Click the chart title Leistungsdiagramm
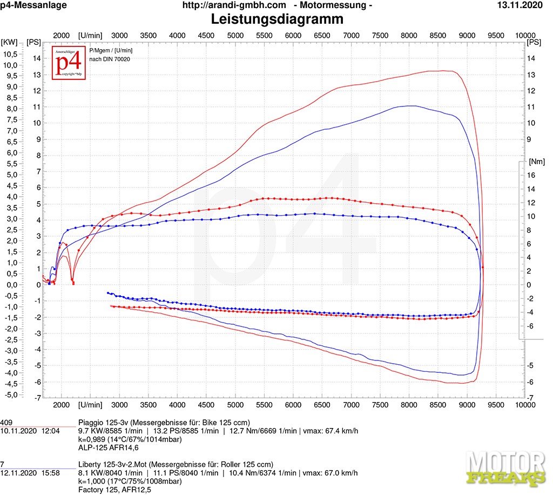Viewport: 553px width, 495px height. pyautogui.click(x=276, y=20)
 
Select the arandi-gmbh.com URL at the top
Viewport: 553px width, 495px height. pyautogui.click(x=234, y=5)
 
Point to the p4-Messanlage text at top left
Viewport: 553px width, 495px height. pyautogui.click(x=33, y=5)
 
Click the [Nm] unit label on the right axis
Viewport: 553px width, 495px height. pyautogui.click(x=537, y=162)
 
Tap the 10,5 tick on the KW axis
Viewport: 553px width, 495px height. pyautogui.click(x=10, y=54)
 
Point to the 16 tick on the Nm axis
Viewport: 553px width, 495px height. pyautogui.click(x=531, y=175)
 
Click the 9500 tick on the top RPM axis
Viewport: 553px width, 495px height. pyautogui.click(x=496, y=35)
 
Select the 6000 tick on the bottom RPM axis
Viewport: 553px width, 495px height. pyautogui.click(x=293, y=405)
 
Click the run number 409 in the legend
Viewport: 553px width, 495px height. pyautogui.click(x=6, y=422)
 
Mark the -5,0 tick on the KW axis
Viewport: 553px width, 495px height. pyautogui.click(x=10, y=394)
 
